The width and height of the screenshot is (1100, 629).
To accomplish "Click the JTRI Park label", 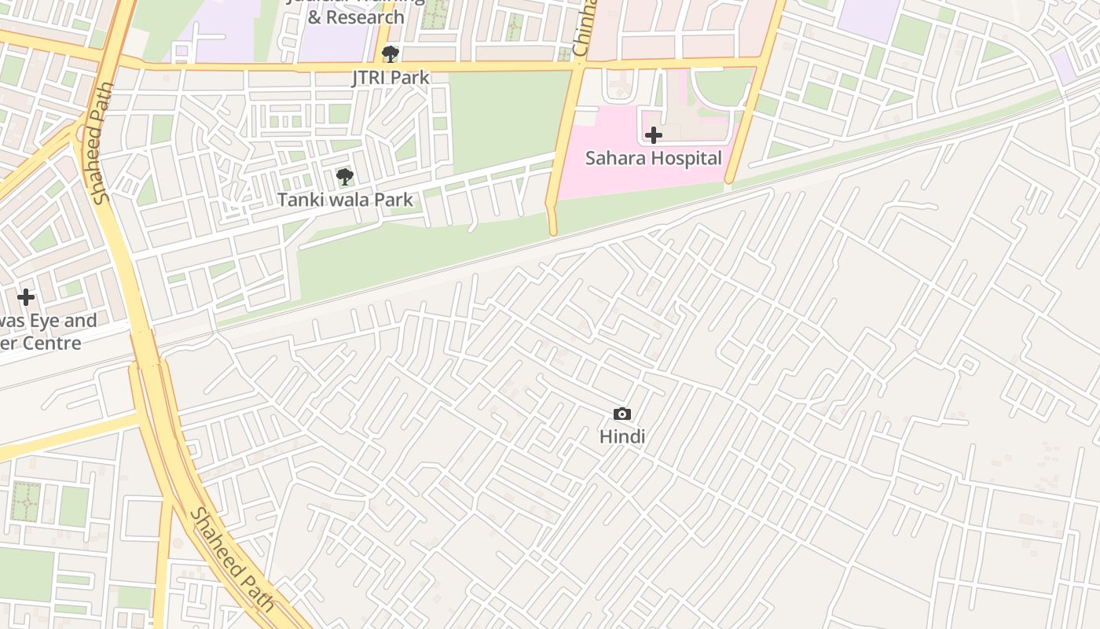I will click(x=390, y=77).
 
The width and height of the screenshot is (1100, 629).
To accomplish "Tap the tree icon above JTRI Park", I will click(x=390, y=54).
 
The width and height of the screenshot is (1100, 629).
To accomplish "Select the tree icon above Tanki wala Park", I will click(x=344, y=177).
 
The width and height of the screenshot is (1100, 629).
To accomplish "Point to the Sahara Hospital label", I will click(x=653, y=158).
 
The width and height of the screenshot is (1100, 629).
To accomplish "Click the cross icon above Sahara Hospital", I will click(x=653, y=135).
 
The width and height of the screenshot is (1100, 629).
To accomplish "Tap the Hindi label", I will click(x=621, y=436).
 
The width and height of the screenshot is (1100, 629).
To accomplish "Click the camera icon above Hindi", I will click(x=621, y=414).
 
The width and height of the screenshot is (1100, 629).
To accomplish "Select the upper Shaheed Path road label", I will click(x=103, y=143).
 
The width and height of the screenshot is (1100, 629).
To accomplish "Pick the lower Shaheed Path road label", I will click(x=233, y=560).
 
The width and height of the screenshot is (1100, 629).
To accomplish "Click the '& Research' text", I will click(x=356, y=17).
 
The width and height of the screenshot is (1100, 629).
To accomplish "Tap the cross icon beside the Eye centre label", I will click(x=26, y=297).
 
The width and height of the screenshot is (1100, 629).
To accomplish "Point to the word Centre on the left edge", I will click(x=52, y=344).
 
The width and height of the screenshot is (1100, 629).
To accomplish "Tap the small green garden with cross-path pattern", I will click(x=26, y=501).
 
